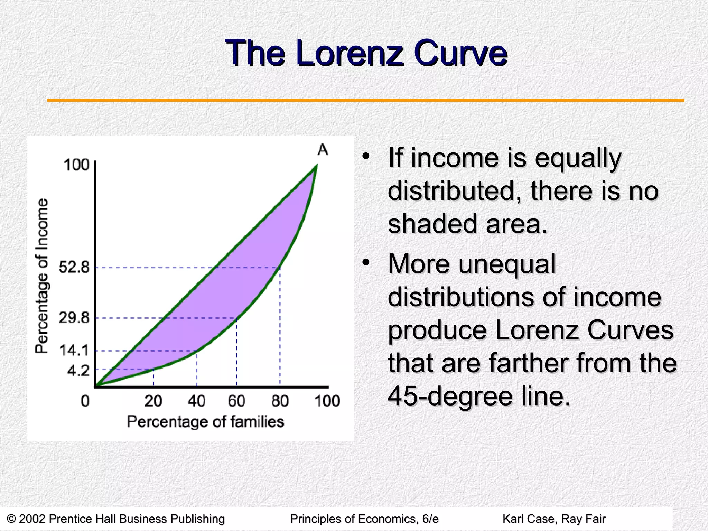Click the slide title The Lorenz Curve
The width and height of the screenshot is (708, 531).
tap(366, 53)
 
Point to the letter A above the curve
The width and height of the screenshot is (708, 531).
tap(323, 150)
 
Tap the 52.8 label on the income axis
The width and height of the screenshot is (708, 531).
tap(74, 267)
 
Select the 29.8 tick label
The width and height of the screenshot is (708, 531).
tap(74, 317)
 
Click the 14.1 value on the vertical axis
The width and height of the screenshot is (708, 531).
tap(74, 351)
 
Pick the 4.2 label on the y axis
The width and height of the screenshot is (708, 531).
tap(78, 371)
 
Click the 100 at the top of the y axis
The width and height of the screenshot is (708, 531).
tap(77, 165)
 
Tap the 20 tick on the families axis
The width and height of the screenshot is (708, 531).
tap(153, 401)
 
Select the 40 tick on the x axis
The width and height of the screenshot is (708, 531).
tap(197, 401)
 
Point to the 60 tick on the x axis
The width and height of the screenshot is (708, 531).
tap(237, 401)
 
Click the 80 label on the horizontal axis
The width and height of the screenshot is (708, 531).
tap(280, 401)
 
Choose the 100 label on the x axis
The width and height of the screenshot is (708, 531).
tap(327, 401)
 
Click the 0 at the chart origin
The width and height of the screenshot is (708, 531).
tap(85, 401)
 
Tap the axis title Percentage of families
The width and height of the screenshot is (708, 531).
tap(206, 422)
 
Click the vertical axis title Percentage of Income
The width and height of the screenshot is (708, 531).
tap(42, 276)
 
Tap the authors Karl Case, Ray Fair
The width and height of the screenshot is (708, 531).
tap(554, 519)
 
